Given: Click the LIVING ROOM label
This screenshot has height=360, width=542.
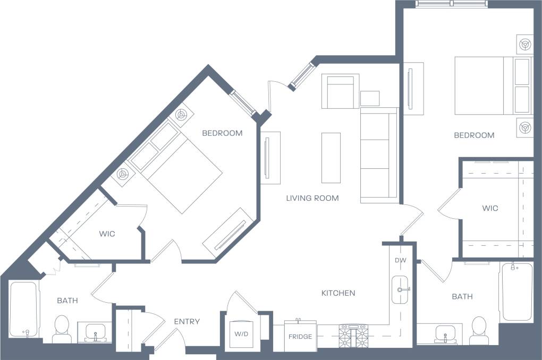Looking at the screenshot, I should [312, 198].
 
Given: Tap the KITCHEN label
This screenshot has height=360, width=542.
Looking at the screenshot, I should [338, 293].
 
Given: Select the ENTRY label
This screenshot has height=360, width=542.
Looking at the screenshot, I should [187, 321].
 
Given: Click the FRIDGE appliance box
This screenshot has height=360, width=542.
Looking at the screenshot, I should [300, 336].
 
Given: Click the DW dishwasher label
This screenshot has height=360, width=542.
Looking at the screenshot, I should [400, 261].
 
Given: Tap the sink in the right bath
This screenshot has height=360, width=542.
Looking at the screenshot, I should [444, 333].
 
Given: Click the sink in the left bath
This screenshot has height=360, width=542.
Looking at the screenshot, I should [95, 332].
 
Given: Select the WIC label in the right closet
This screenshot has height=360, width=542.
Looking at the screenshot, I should [490, 208].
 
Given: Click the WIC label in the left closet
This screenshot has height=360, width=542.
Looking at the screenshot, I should [107, 234].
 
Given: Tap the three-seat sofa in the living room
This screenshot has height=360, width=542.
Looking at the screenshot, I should [379, 155].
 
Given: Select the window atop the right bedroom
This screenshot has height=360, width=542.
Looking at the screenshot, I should [451, 4].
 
